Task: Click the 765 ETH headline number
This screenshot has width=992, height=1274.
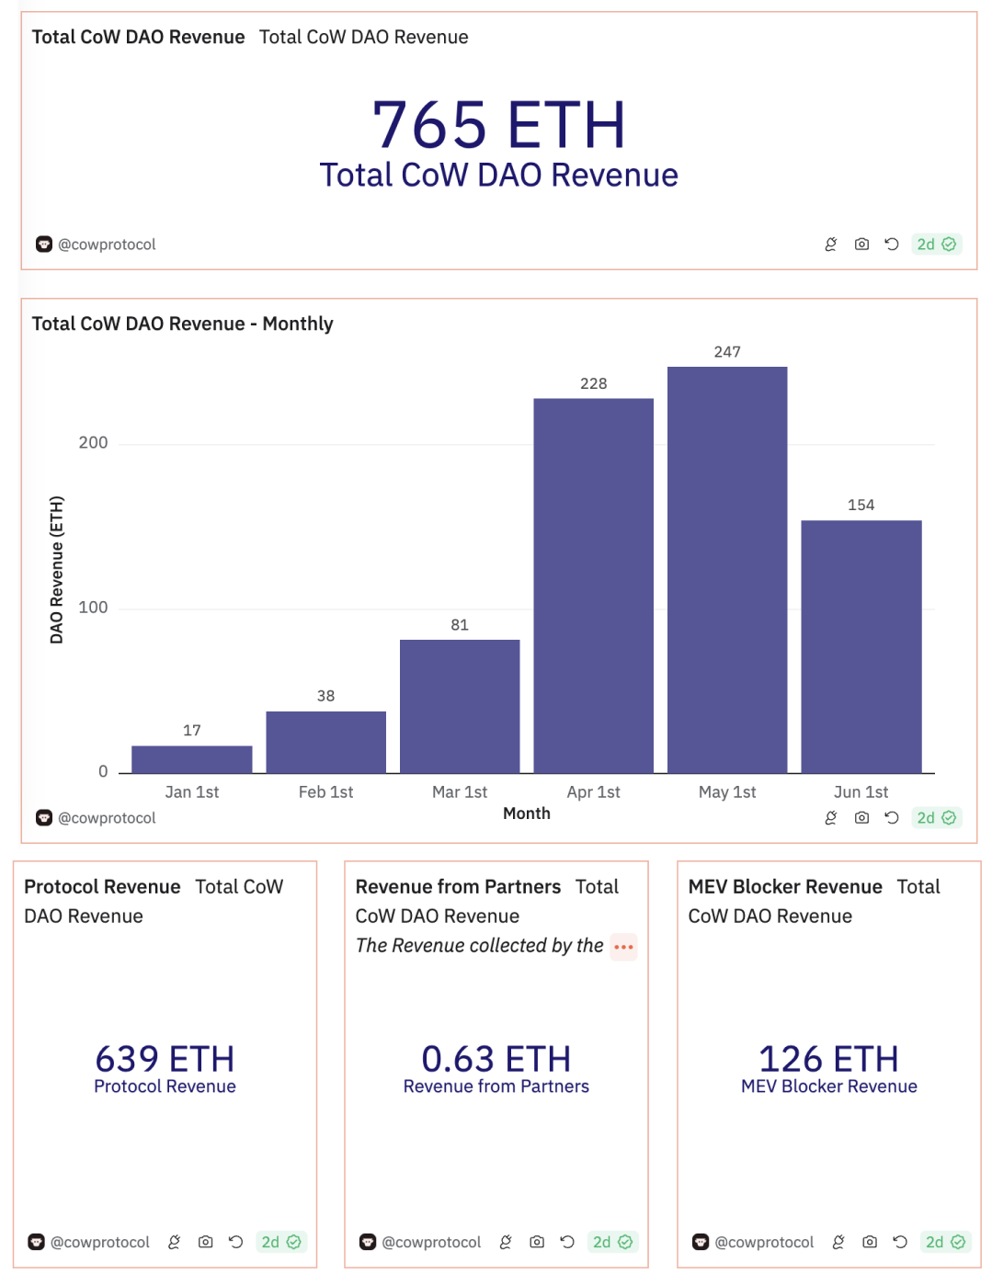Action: click(x=498, y=125)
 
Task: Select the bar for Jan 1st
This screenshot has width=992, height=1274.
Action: click(x=191, y=759)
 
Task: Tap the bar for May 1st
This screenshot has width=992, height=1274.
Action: click(x=726, y=570)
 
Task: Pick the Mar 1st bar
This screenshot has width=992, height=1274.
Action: click(x=460, y=706)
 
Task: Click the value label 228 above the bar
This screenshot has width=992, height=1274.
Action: click(x=593, y=383)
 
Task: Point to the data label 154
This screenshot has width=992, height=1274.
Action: click(x=861, y=505)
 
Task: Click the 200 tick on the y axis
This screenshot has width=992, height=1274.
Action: click(x=93, y=443)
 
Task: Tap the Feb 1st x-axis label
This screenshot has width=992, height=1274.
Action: click(x=325, y=791)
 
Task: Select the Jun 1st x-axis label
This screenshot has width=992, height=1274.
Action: click(x=861, y=791)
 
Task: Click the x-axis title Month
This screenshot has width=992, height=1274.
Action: click(x=526, y=813)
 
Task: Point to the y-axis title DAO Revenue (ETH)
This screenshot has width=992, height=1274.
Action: click(x=57, y=570)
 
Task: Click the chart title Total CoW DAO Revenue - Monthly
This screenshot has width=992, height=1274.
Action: click(x=182, y=324)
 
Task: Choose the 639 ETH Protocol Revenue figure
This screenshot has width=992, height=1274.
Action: click(x=165, y=1059)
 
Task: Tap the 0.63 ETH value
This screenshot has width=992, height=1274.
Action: click(x=496, y=1059)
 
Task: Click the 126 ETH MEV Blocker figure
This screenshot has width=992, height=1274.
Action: click(x=828, y=1059)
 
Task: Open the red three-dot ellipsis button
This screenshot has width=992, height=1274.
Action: click(x=623, y=947)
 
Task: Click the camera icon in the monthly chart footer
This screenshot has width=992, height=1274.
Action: click(x=861, y=817)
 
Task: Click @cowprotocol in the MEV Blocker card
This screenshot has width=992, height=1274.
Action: click(x=764, y=1242)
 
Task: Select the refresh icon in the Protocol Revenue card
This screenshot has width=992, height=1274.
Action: click(x=235, y=1242)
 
